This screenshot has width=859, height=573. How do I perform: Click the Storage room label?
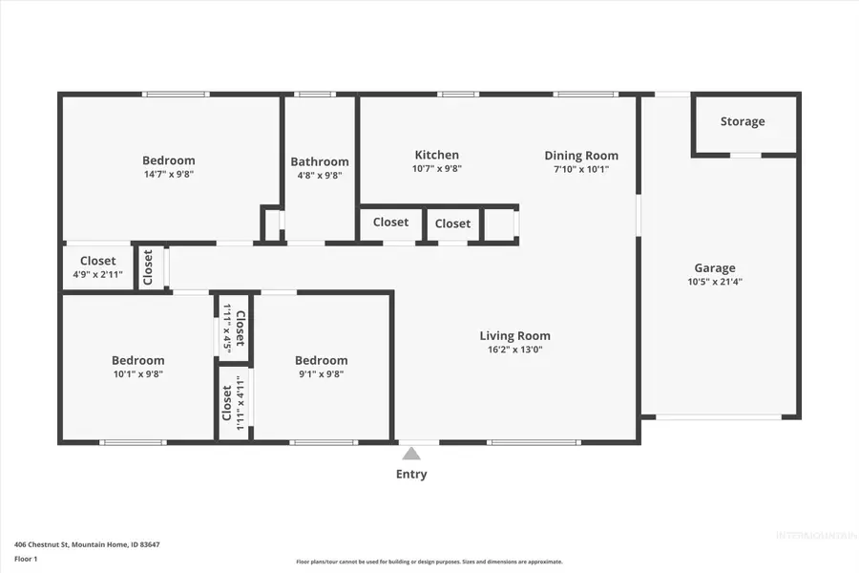(742, 121)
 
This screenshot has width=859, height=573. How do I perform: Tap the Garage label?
(714, 268)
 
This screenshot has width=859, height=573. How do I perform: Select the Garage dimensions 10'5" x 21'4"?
(714, 283)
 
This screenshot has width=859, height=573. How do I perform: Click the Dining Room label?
(581, 156)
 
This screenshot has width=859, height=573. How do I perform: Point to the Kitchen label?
(436, 155)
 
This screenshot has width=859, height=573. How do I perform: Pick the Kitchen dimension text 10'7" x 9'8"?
(436, 169)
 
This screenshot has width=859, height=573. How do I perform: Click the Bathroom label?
(320, 161)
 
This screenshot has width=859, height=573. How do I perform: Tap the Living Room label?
(514, 335)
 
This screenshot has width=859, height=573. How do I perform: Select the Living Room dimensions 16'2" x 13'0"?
(514, 350)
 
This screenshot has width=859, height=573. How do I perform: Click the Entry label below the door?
(411, 474)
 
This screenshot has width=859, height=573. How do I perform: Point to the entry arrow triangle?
(410, 454)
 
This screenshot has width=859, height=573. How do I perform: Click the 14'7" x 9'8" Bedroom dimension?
(168, 175)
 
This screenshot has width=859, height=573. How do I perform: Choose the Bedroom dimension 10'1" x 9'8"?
(137, 374)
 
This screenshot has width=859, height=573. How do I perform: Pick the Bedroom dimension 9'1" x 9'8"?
(321, 374)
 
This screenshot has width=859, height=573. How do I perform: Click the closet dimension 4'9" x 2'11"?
(97, 275)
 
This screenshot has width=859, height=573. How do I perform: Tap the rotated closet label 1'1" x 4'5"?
(227, 328)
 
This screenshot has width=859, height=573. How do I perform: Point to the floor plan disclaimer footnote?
(429, 562)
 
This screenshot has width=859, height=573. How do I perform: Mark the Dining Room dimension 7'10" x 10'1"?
(581, 170)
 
